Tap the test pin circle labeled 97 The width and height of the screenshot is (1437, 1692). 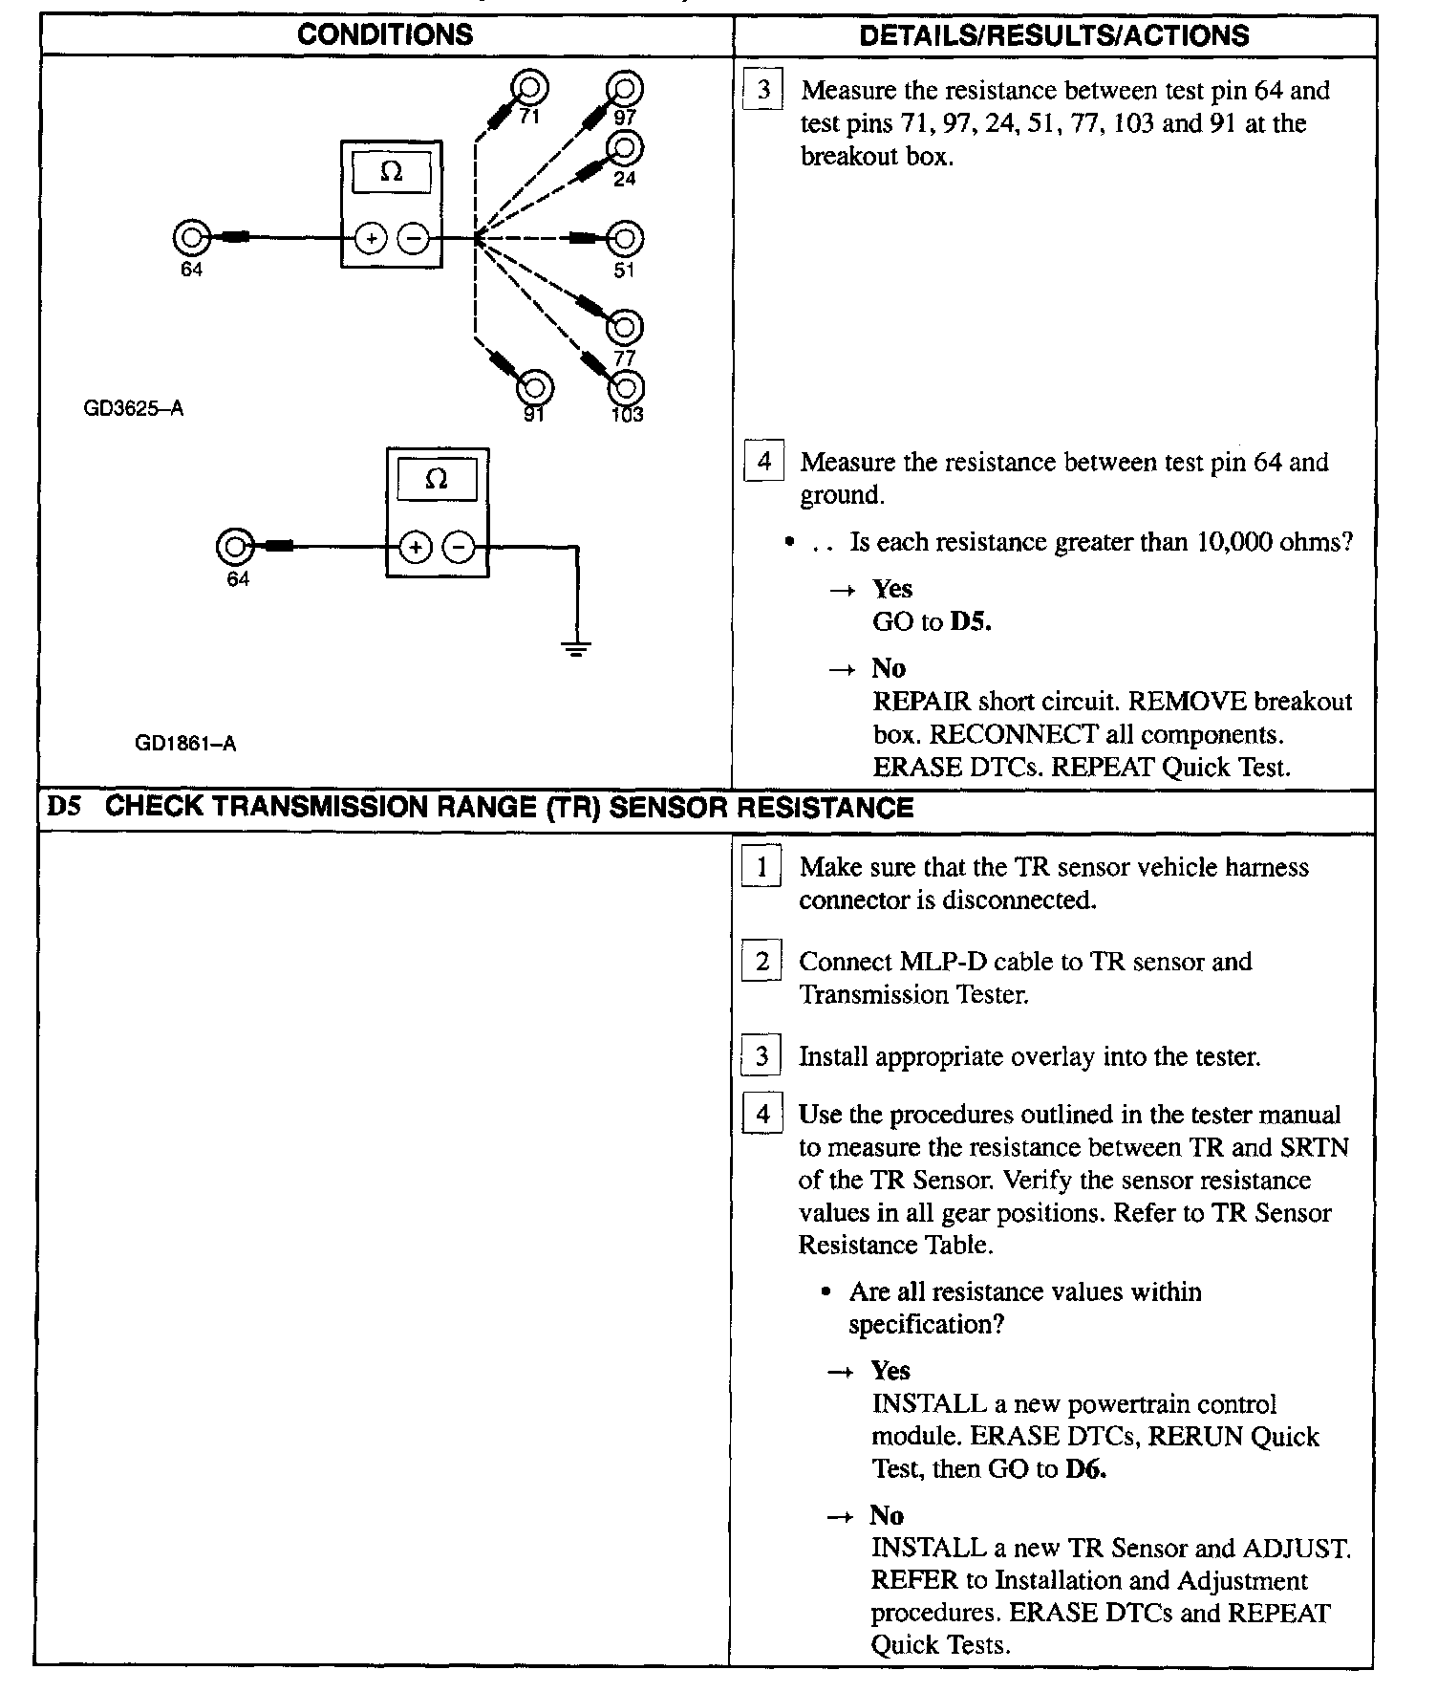625,89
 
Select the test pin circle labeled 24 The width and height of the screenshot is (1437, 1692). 625,148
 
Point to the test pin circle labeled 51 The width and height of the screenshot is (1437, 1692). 625,239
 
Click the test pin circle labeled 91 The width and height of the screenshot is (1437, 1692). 535,387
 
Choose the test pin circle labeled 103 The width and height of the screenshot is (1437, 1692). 626,387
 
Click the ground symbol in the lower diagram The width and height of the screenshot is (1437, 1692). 576,649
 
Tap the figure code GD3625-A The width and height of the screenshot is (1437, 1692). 134,409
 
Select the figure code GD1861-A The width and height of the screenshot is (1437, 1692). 185,743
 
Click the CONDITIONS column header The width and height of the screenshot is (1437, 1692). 384,35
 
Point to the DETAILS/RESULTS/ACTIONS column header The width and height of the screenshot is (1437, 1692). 1054,35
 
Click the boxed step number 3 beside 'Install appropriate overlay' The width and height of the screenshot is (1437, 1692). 761,1056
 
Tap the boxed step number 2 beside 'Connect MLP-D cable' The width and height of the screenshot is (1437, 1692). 761,961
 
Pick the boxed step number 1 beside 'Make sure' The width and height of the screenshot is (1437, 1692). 761,866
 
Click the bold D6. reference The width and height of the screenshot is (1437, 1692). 1085,1469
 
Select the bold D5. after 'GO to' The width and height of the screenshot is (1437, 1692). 971,622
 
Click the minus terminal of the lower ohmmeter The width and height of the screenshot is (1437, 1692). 460,548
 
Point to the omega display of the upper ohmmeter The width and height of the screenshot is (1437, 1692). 392,172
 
